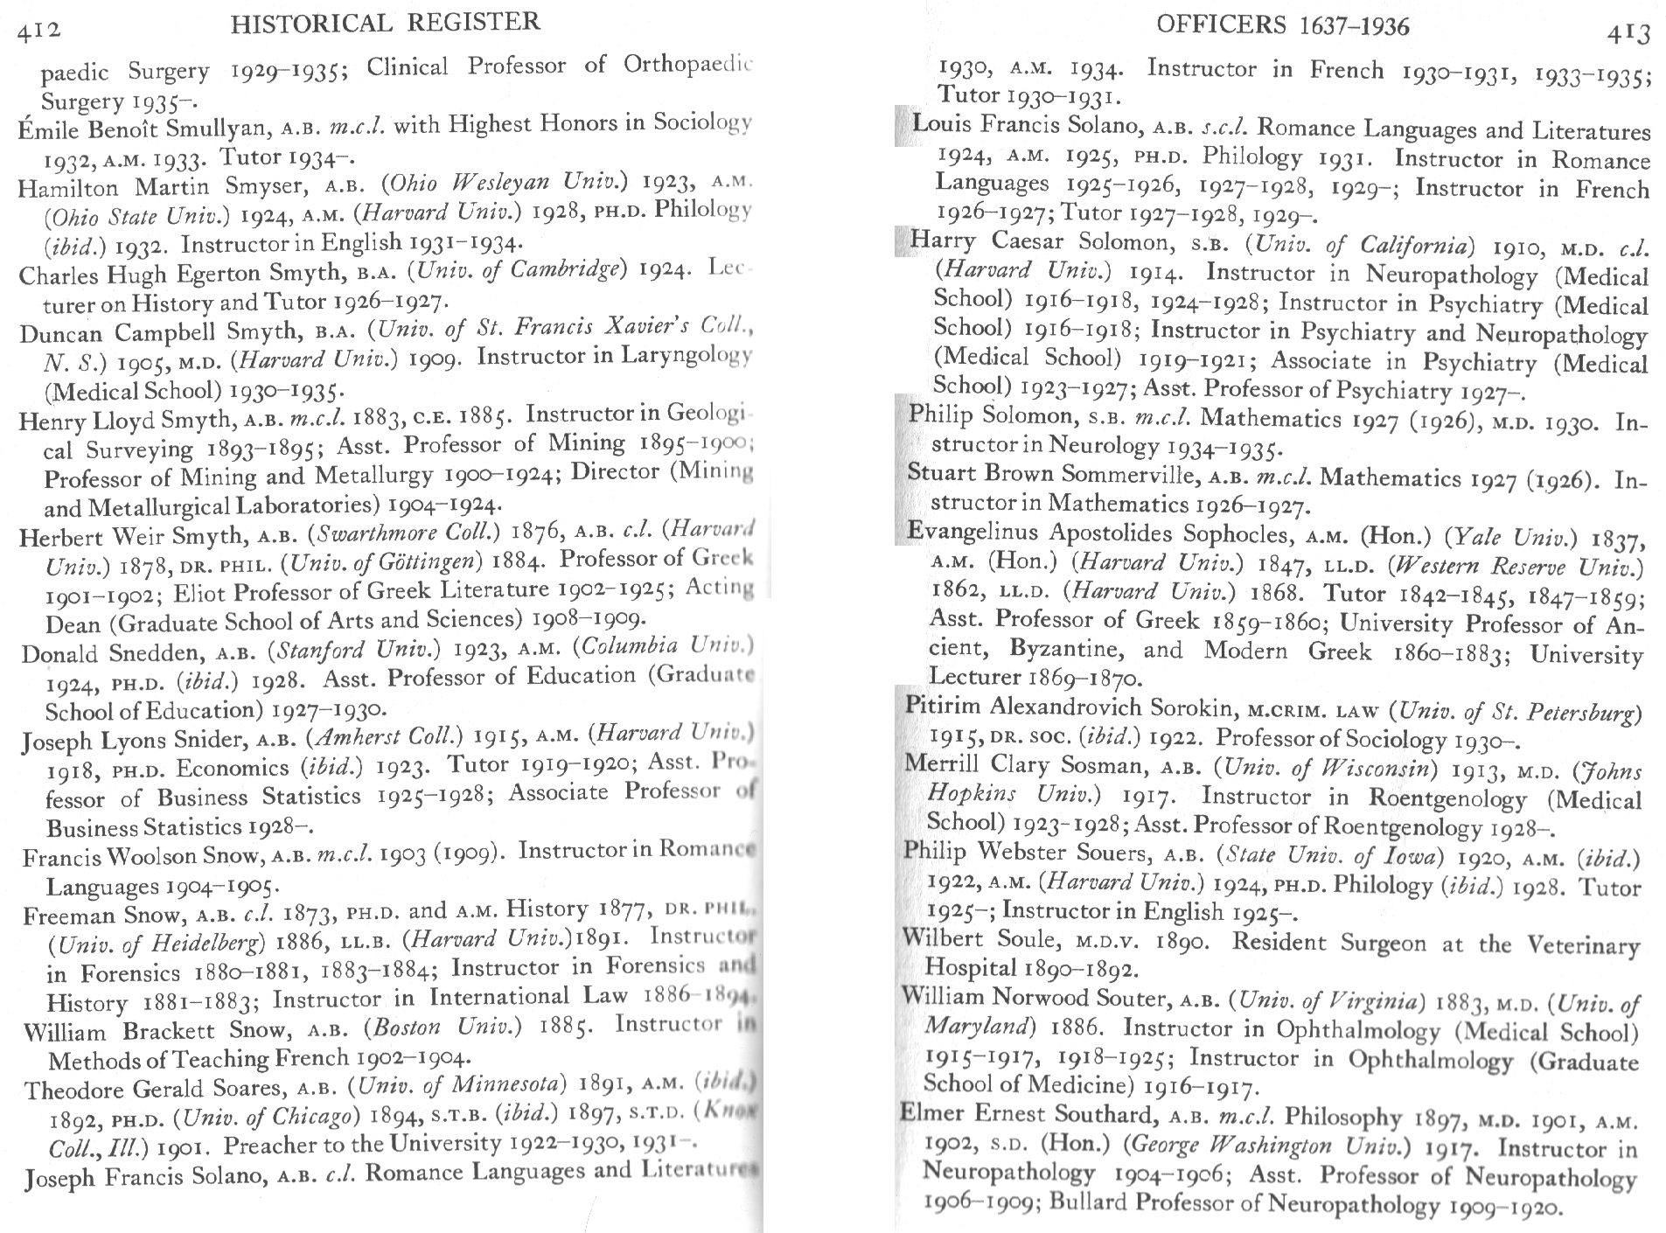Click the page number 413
pyautogui.click(x=1628, y=33)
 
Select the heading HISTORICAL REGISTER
pyautogui.click(x=386, y=22)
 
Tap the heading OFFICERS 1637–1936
pyautogui.click(x=1282, y=25)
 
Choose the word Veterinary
pyautogui.click(x=1583, y=945)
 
